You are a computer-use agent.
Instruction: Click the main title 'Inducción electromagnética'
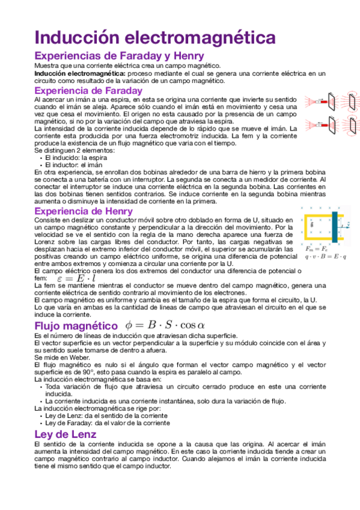pyautogui.click(x=155, y=37)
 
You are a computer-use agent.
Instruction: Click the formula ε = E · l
pyautogui.click(x=76, y=278)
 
